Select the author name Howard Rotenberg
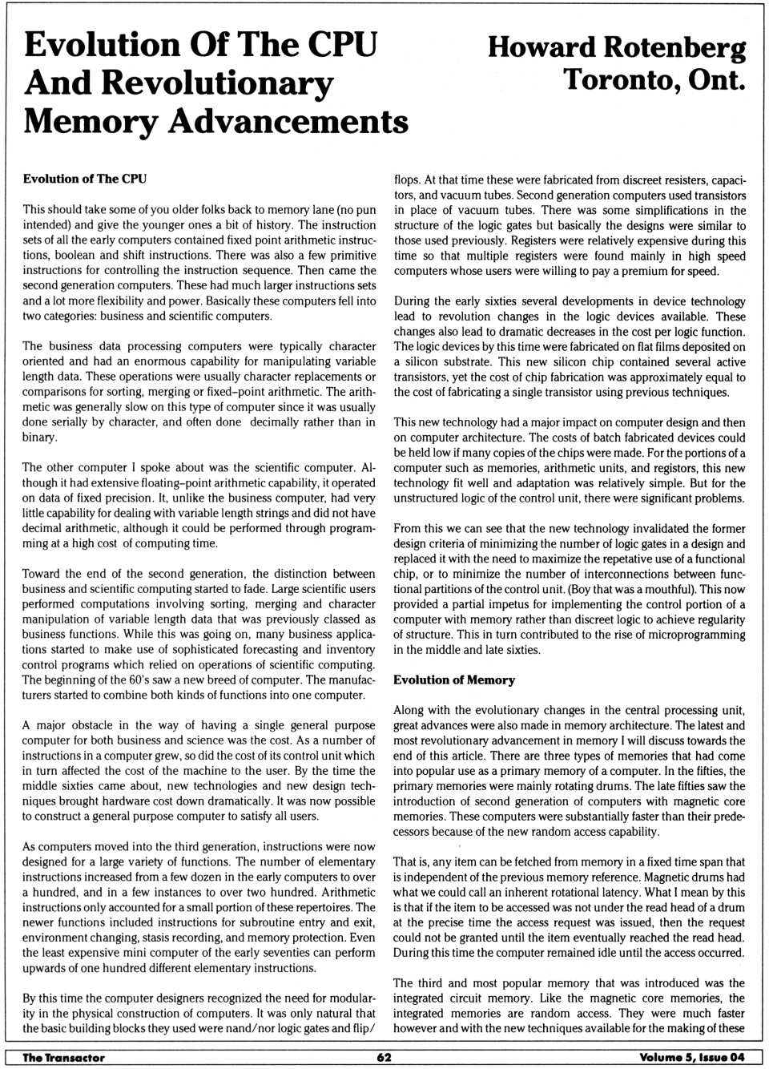point(616,47)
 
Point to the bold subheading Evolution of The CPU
point(84,179)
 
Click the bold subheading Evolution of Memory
point(453,680)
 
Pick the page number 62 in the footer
point(384,1057)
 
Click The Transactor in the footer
point(63,1057)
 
